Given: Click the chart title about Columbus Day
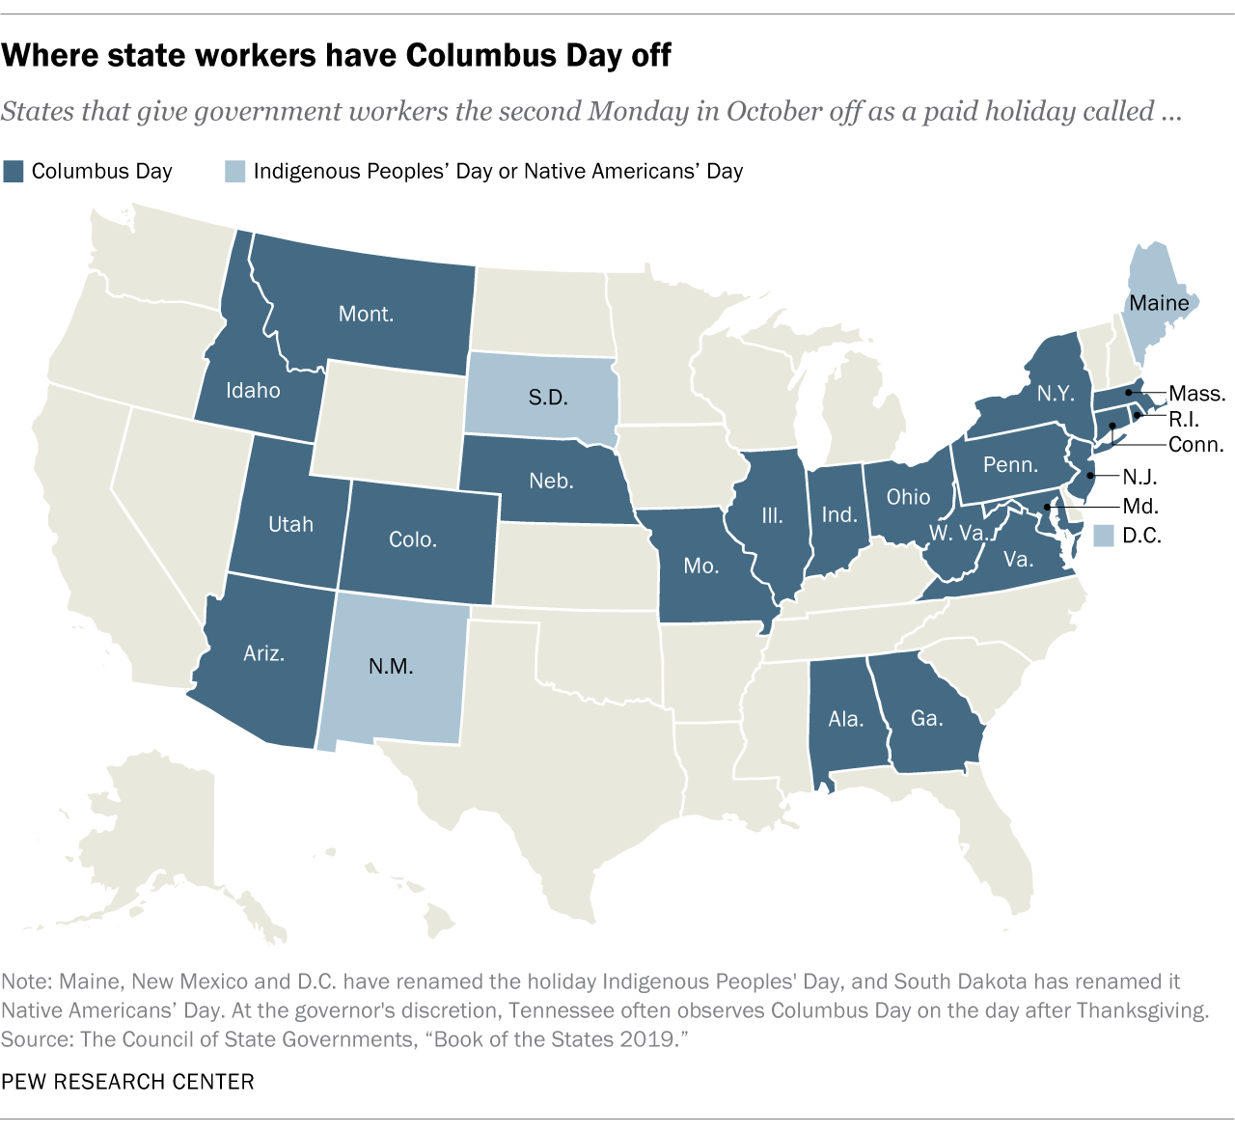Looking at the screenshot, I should [x=336, y=56].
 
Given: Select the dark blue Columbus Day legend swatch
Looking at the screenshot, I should [x=14, y=172].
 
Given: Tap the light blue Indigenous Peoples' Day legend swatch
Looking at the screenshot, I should [x=235, y=172].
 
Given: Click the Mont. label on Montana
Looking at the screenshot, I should [x=366, y=314].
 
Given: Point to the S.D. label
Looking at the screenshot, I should [x=548, y=398].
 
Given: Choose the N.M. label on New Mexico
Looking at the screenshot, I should [x=391, y=666].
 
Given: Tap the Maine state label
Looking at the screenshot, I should [x=1159, y=303].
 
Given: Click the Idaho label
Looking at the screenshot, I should [x=253, y=391].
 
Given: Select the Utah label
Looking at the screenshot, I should [x=290, y=524].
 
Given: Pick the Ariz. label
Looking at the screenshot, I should [x=263, y=653].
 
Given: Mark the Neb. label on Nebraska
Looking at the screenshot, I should [x=551, y=481].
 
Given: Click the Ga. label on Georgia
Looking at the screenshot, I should [x=926, y=718].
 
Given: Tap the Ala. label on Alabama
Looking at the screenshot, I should [x=845, y=719].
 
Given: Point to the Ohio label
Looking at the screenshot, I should [x=908, y=497].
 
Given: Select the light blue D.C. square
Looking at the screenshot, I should [x=1104, y=536].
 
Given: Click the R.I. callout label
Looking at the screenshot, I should [x=1184, y=420].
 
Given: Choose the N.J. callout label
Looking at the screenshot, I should [x=1139, y=476].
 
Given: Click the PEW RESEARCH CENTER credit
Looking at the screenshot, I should [x=128, y=1082].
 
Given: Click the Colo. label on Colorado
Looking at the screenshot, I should [x=413, y=539].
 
